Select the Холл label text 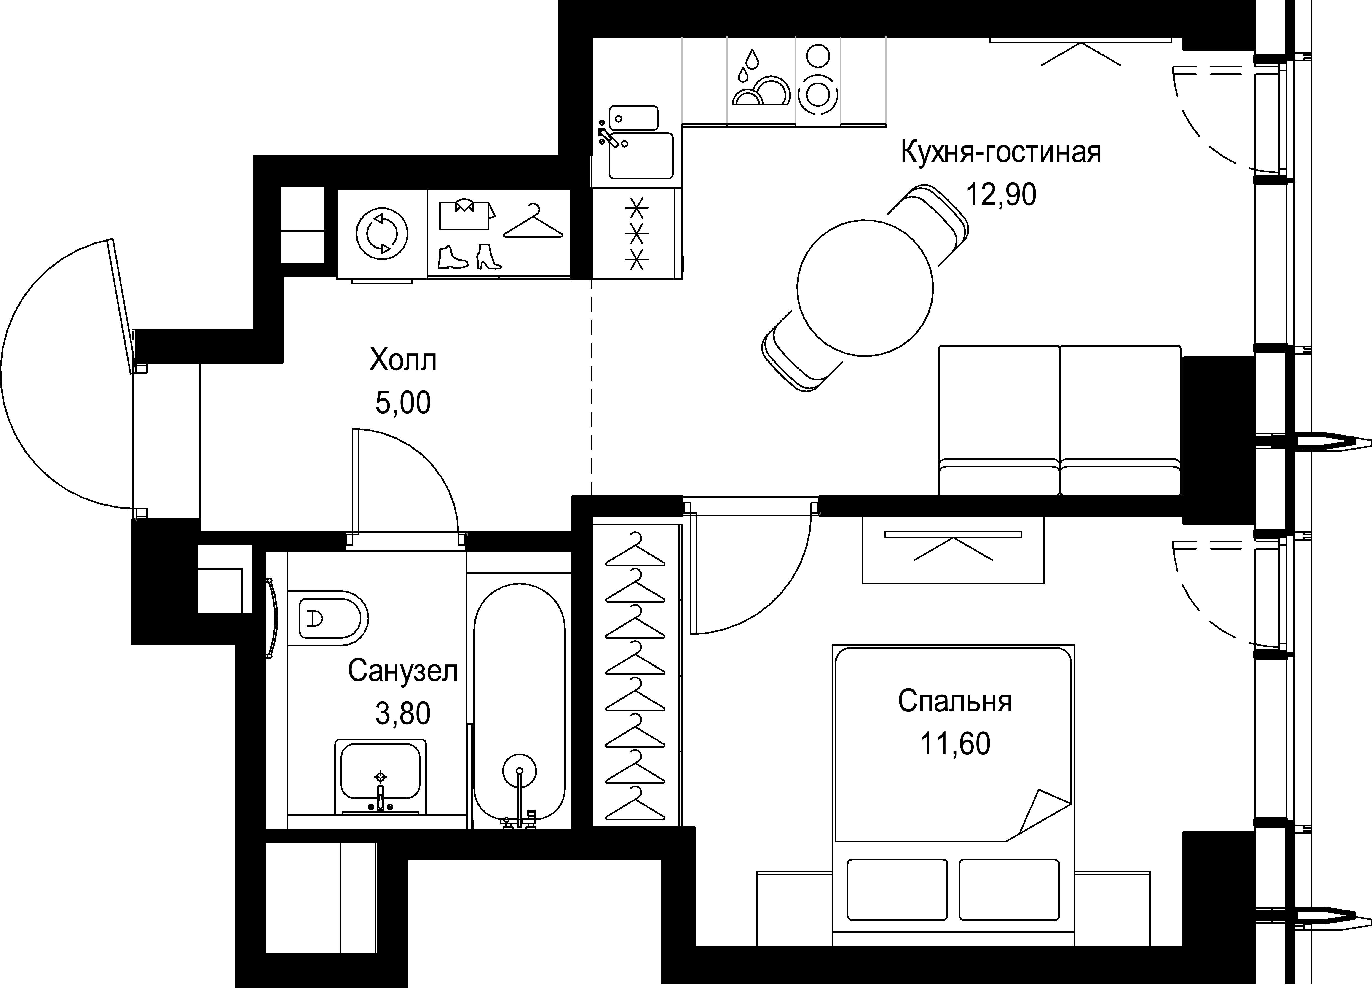point(402,361)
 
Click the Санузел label point(402,672)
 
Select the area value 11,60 point(955,744)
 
